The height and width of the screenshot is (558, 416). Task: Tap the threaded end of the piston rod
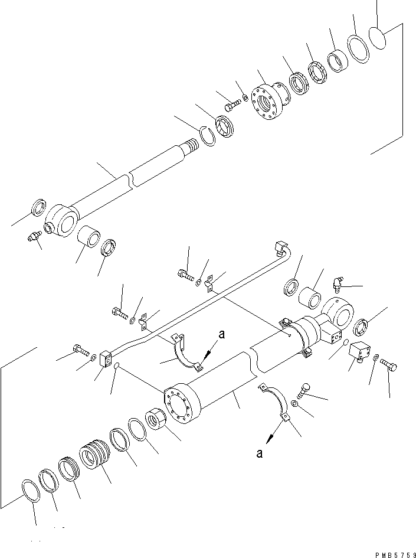[194, 146]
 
